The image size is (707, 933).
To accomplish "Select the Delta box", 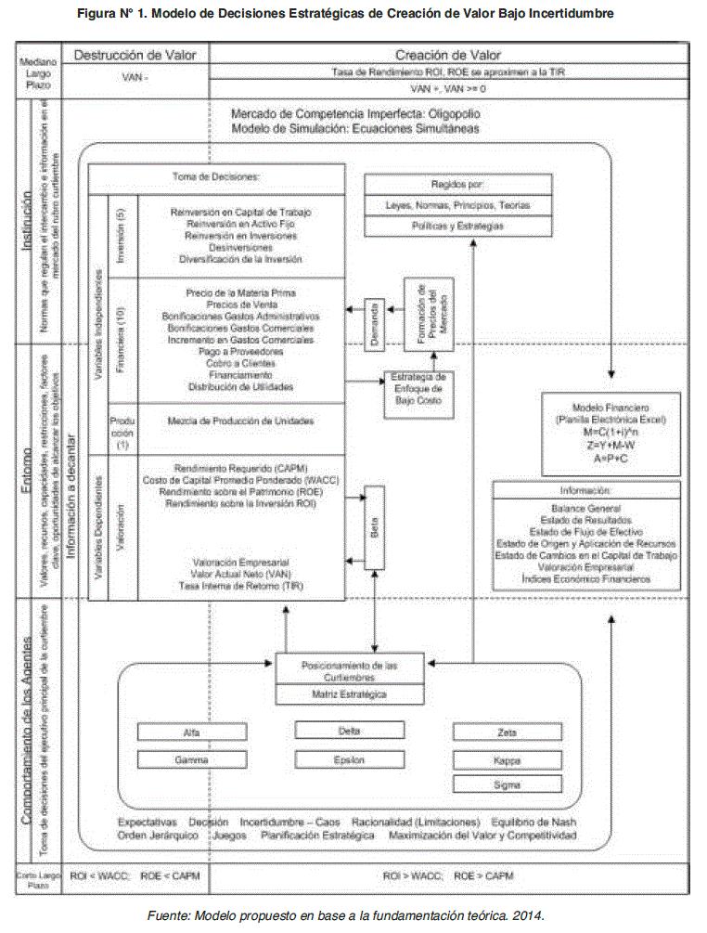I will (x=349, y=731).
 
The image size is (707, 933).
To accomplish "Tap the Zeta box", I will (x=507, y=732).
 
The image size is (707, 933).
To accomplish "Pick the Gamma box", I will (x=191, y=758).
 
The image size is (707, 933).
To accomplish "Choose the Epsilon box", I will (x=349, y=758).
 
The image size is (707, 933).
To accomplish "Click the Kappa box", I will (x=507, y=760).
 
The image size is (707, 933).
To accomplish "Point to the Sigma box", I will (x=507, y=784).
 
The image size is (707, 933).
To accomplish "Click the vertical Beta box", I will (x=374, y=527).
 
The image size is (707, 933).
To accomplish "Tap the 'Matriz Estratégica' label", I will (x=349, y=693).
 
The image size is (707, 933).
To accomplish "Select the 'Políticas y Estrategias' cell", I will (x=444, y=225).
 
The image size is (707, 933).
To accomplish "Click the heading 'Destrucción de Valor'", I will (x=134, y=56).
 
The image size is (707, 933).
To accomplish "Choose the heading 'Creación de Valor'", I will (x=446, y=56).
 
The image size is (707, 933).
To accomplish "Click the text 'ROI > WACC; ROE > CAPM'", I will (x=447, y=875).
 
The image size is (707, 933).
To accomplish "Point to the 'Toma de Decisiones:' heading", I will (x=215, y=176).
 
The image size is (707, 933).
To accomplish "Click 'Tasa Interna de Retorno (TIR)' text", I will (x=240, y=586).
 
